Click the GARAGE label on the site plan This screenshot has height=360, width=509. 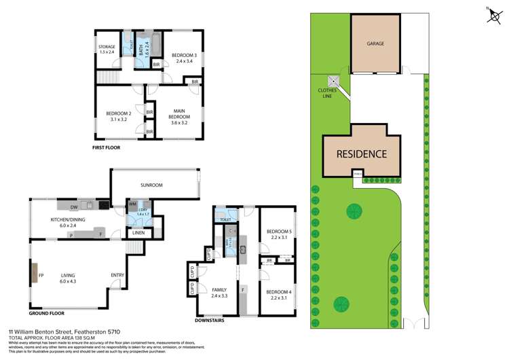pyautogui.click(x=376, y=43)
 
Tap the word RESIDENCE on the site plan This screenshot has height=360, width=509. pyautogui.click(x=362, y=154)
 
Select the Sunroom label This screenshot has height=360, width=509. pyautogui.click(x=151, y=185)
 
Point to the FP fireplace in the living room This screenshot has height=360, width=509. pyautogui.click(x=41, y=276)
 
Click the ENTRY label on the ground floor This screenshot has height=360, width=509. pyautogui.click(x=117, y=275)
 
